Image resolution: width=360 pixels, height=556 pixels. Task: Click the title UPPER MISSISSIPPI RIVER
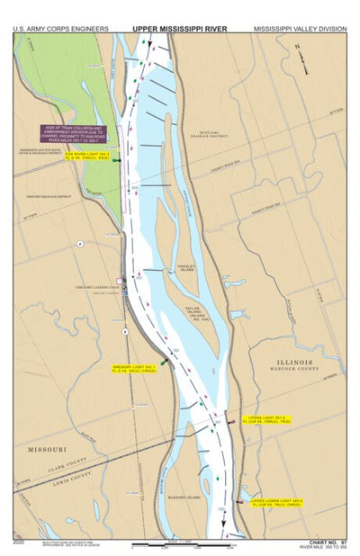(180, 28)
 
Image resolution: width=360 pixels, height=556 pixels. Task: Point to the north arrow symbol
(306, 63)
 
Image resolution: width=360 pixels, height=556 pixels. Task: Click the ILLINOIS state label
(294, 359)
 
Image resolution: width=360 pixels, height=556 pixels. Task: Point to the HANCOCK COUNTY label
(294, 368)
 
